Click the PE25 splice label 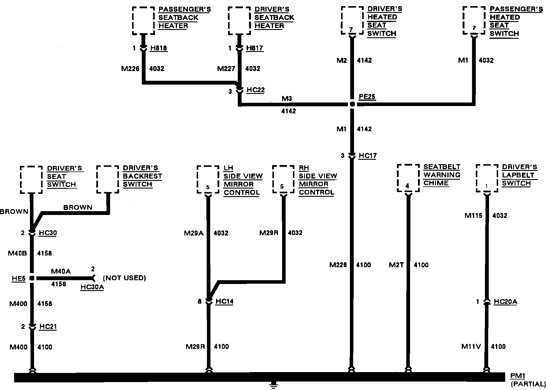(x=367, y=97)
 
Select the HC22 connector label (x=255, y=90)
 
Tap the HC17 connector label (x=368, y=156)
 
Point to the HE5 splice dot (x=32, y=278)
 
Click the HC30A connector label (x=92, y=287)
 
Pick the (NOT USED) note (x=124, y=278)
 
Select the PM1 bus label (x=518, y=376)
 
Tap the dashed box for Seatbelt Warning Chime (x=408, y=178)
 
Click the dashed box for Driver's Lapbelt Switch (x=487, y=178)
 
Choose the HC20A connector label (x=505, y=302)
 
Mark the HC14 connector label (x=224, y=301)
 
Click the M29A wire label (x=194, y=233)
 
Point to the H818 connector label (x=159, y=48)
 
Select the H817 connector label (x=255, y=48)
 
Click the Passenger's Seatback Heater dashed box (x=144, y=21)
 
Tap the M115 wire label (x=473, y=216)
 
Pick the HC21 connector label (x=48, y=327)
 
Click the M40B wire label (x=17, y=253)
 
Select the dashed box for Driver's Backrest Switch (x=108, y=179)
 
